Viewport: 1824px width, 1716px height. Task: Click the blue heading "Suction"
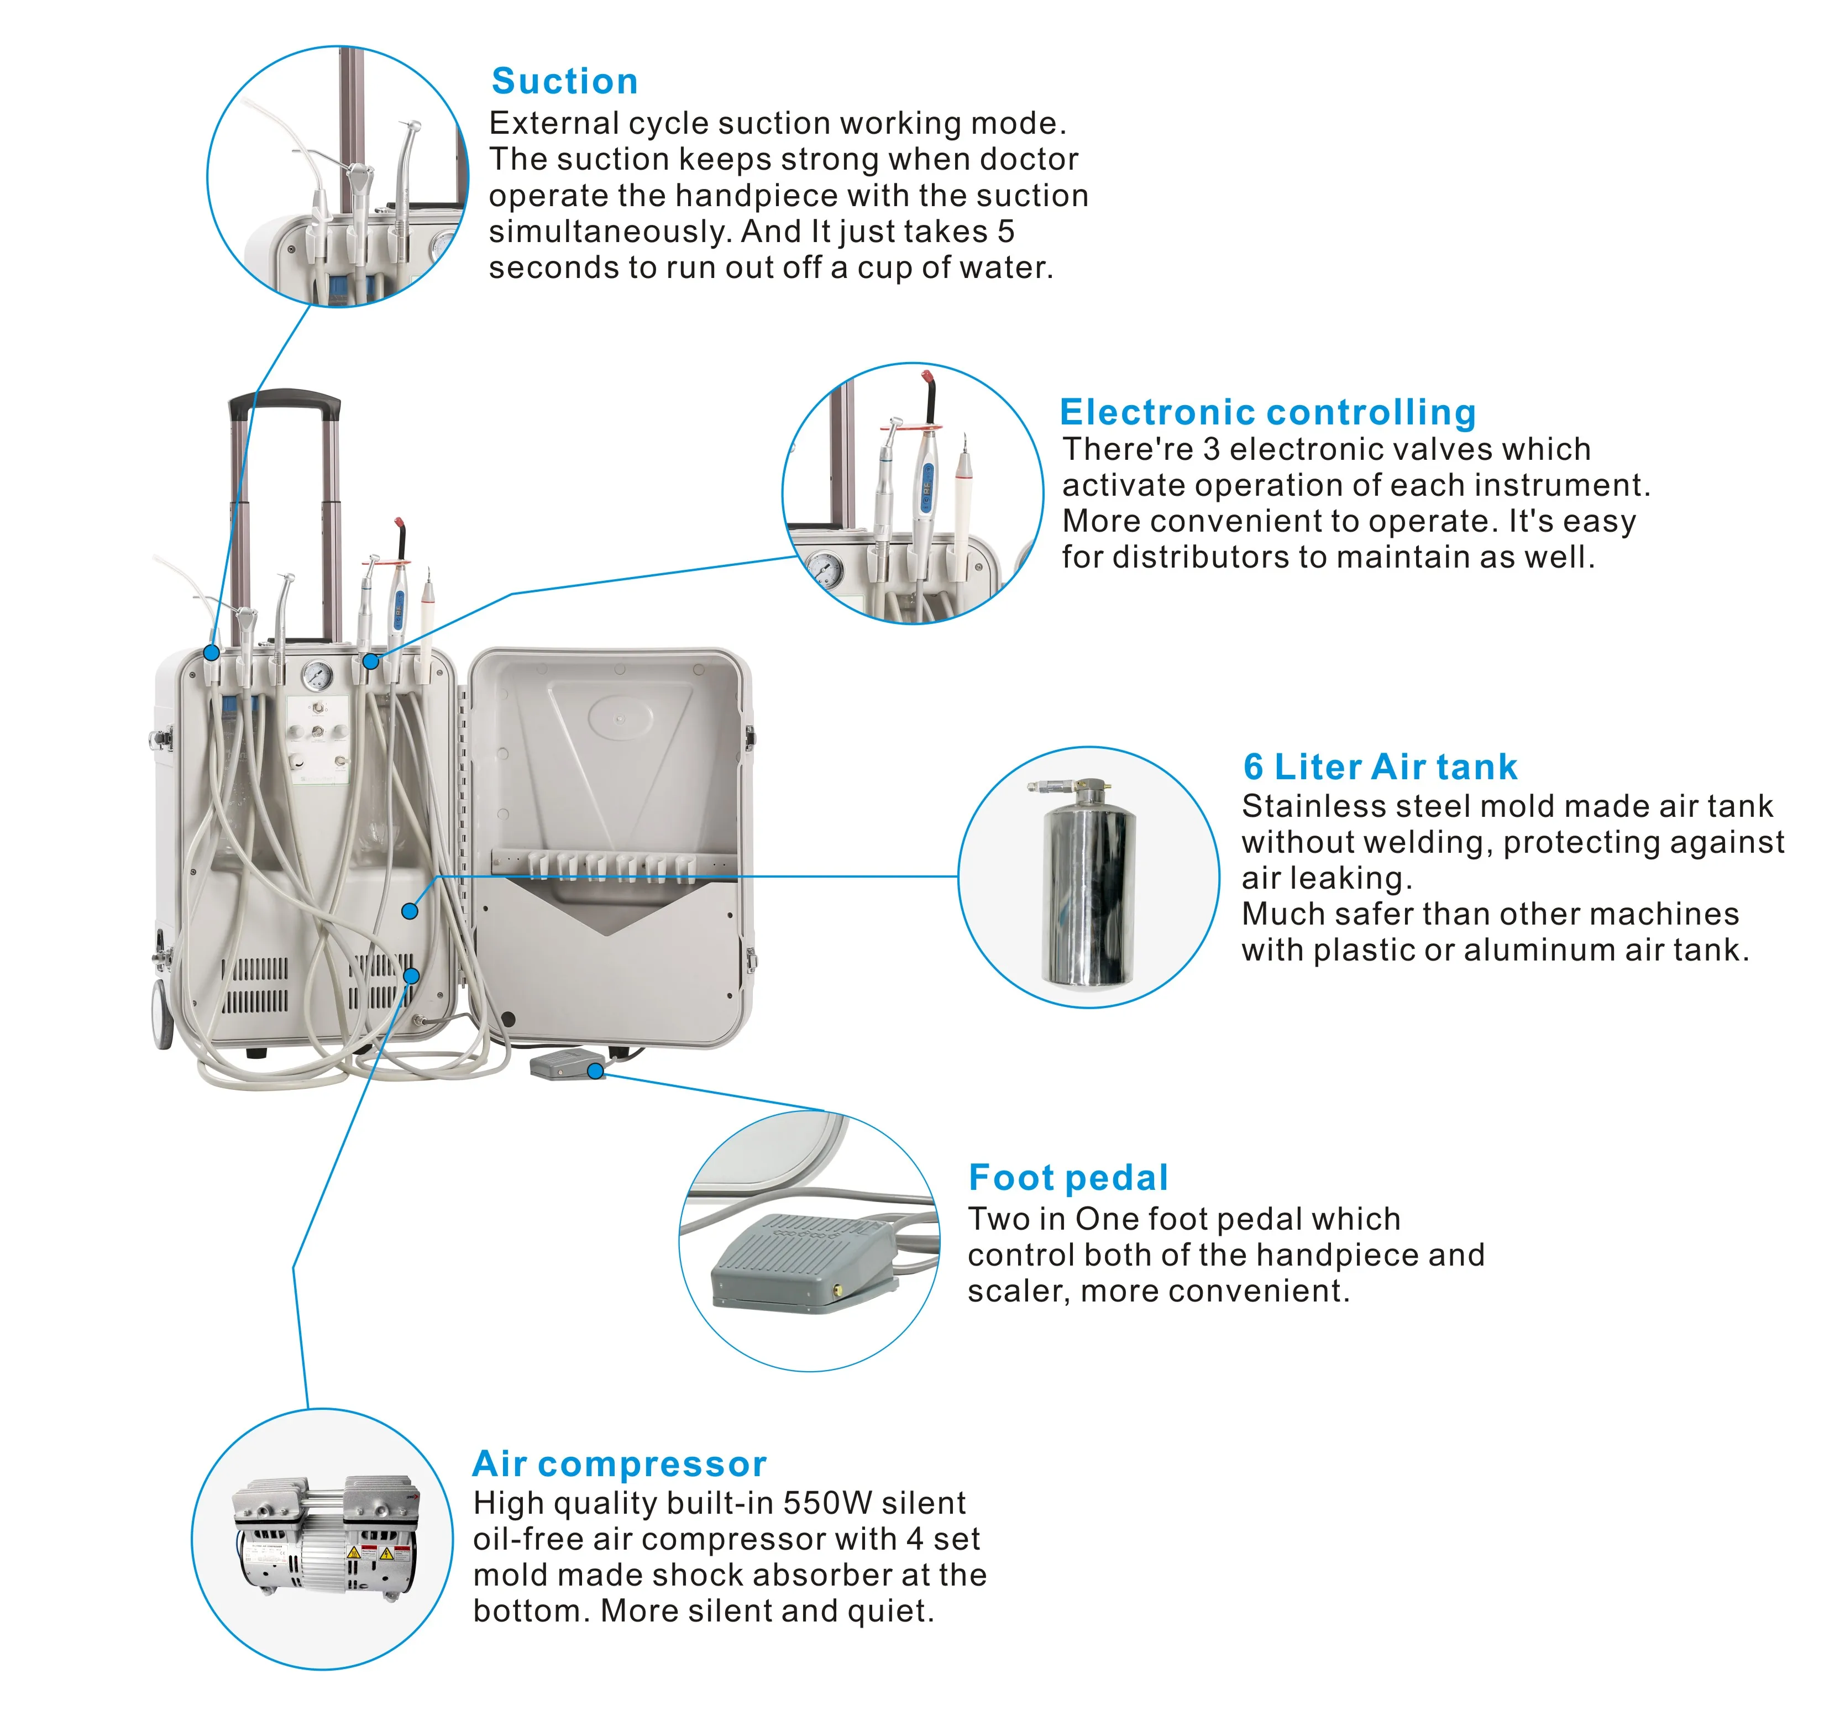pos(564,82)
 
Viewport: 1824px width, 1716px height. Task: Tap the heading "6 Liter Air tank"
pos(1379,767)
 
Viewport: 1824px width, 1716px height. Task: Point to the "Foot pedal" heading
pos(1068,1178)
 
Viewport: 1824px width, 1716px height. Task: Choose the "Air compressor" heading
pos(619,1464)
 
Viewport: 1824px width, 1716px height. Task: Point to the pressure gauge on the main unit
pos(317,676)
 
